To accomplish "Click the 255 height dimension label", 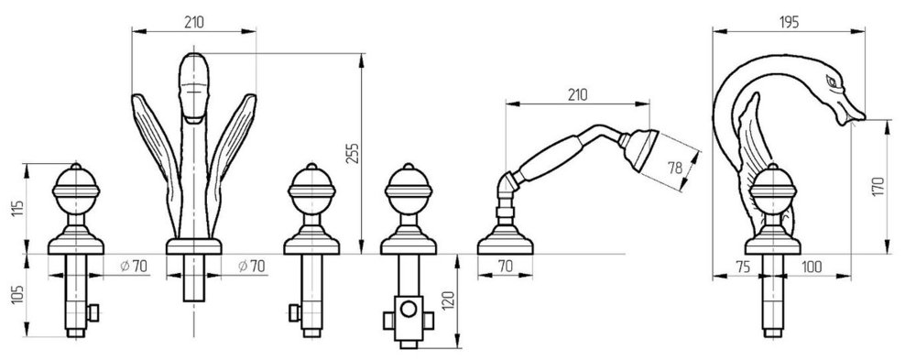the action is (352, 153).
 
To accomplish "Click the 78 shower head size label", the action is (675, 169).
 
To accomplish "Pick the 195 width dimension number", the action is (789, 22).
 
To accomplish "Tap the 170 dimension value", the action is (878, 187).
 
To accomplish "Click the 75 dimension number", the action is (743, 267).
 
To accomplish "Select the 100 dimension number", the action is (812, 267).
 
